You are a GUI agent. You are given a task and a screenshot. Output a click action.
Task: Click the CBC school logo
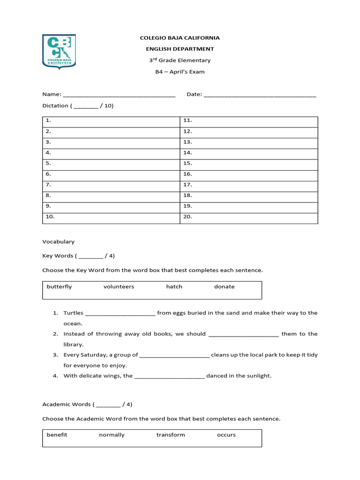pyautogui.click(x=59, y=51)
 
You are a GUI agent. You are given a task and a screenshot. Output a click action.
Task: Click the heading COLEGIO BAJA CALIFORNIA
pyautogui.click(x=180, y=38)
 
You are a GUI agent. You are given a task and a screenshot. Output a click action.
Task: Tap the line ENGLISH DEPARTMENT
pyautogui.click(x=180, y=49)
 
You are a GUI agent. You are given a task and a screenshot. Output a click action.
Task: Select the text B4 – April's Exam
pyautogui.click(x=180, y=72)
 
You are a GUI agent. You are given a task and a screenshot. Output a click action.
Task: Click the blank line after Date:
pyautogui.click(x=260, y=95)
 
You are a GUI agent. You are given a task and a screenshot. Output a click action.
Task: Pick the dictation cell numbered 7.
pyautogui.click(x=111, y=185)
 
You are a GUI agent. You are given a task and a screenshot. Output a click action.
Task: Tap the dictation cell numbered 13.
pyautogui.click(x=249, y=142)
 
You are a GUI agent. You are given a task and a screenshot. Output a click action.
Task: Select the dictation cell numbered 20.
pyautogui.click(x=249, y=217)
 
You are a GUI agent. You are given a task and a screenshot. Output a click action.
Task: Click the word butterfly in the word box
pyautogui.click(x=59, y=287)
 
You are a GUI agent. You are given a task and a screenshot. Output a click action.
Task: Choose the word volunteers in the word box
pyautogui.click(x=119, y=287)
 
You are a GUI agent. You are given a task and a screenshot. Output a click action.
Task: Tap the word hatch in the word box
pyautogui.click(x=174, y=287)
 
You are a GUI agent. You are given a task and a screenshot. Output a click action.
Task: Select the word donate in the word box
pyautogui.click(x=224, y=287)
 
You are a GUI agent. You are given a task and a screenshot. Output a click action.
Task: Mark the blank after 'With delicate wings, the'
pyautogui.click(x=169, y=376)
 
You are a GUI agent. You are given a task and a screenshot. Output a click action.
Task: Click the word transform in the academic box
pyautogui.click(x=171, y=435)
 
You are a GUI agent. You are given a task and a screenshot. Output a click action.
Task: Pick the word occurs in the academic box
pyautogui.click(x=226, y=435)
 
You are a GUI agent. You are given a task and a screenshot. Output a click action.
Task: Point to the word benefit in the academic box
pyautogui.click(x=57, y=435)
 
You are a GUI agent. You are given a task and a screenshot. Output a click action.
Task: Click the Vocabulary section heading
pyautogui.click(x=59, y=242)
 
